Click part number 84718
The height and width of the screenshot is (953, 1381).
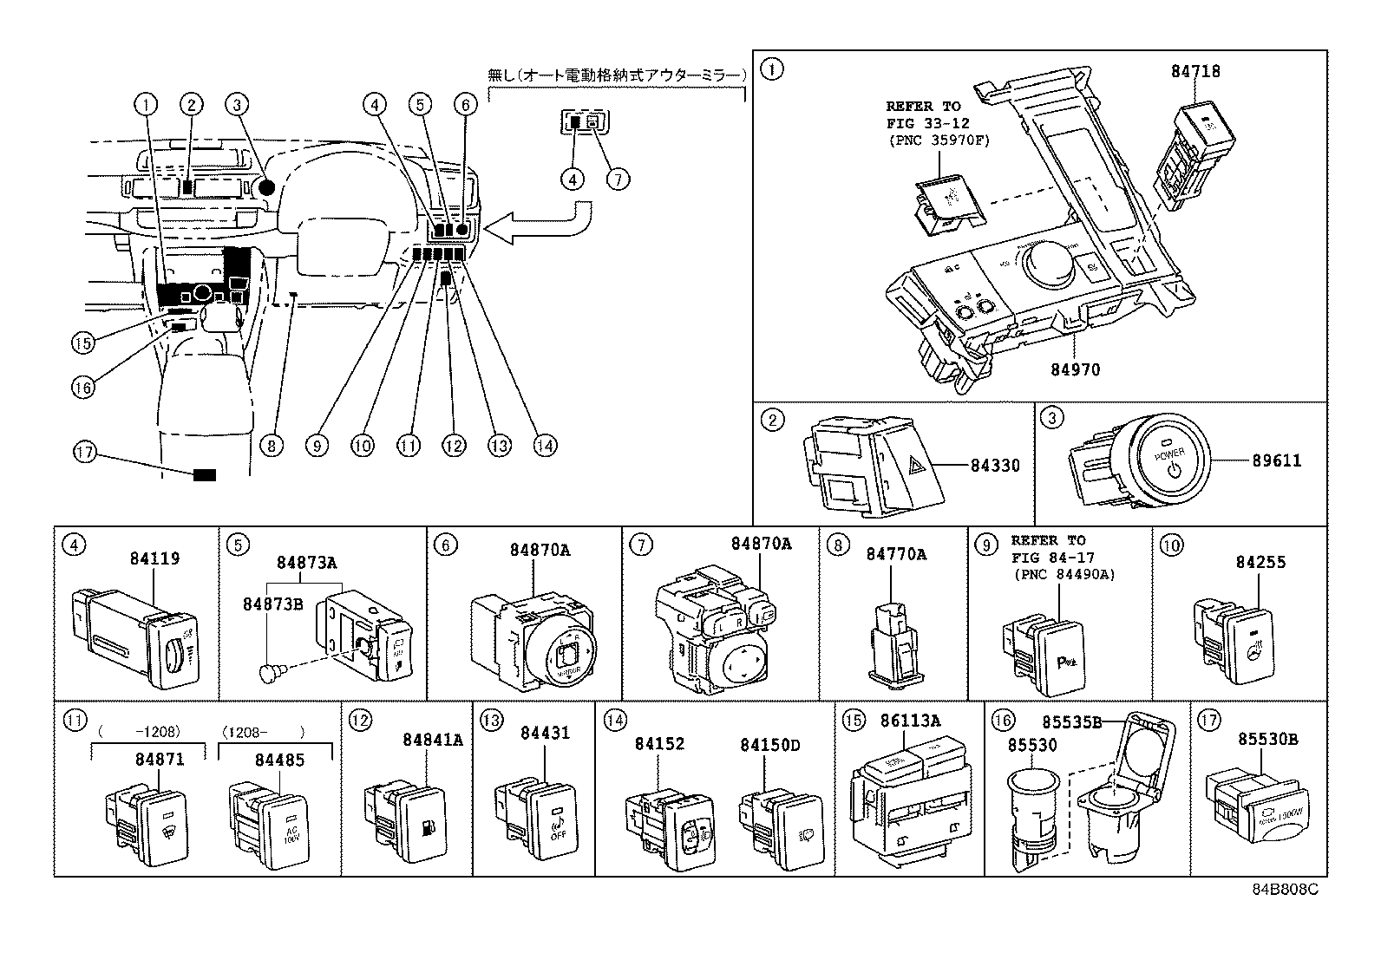(x=1195, y=72)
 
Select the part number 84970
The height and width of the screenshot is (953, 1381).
(x=1075, y=370)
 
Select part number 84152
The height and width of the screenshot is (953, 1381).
(x=659, y=744)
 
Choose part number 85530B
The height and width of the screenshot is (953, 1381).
(x=1267, y=740)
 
